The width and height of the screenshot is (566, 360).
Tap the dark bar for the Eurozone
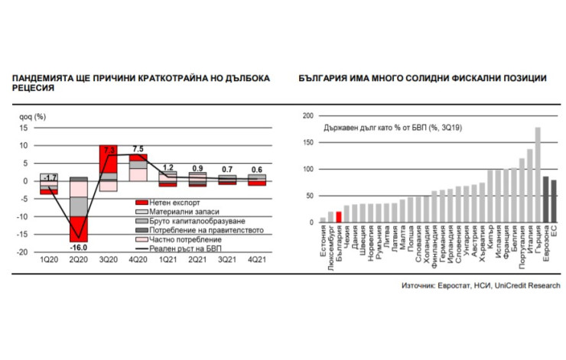tap(545, 199)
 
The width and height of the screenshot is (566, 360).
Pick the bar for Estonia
tap(323, 219)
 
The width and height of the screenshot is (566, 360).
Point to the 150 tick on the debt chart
tap(308, 142)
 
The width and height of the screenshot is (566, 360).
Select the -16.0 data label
tap(78, 247)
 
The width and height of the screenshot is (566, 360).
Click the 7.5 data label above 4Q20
tap(138, 148)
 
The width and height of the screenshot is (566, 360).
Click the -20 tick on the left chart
tap(24, 251)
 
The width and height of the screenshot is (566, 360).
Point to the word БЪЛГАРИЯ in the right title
tap(320, 79)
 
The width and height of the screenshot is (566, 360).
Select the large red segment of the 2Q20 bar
tap(78, 229)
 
